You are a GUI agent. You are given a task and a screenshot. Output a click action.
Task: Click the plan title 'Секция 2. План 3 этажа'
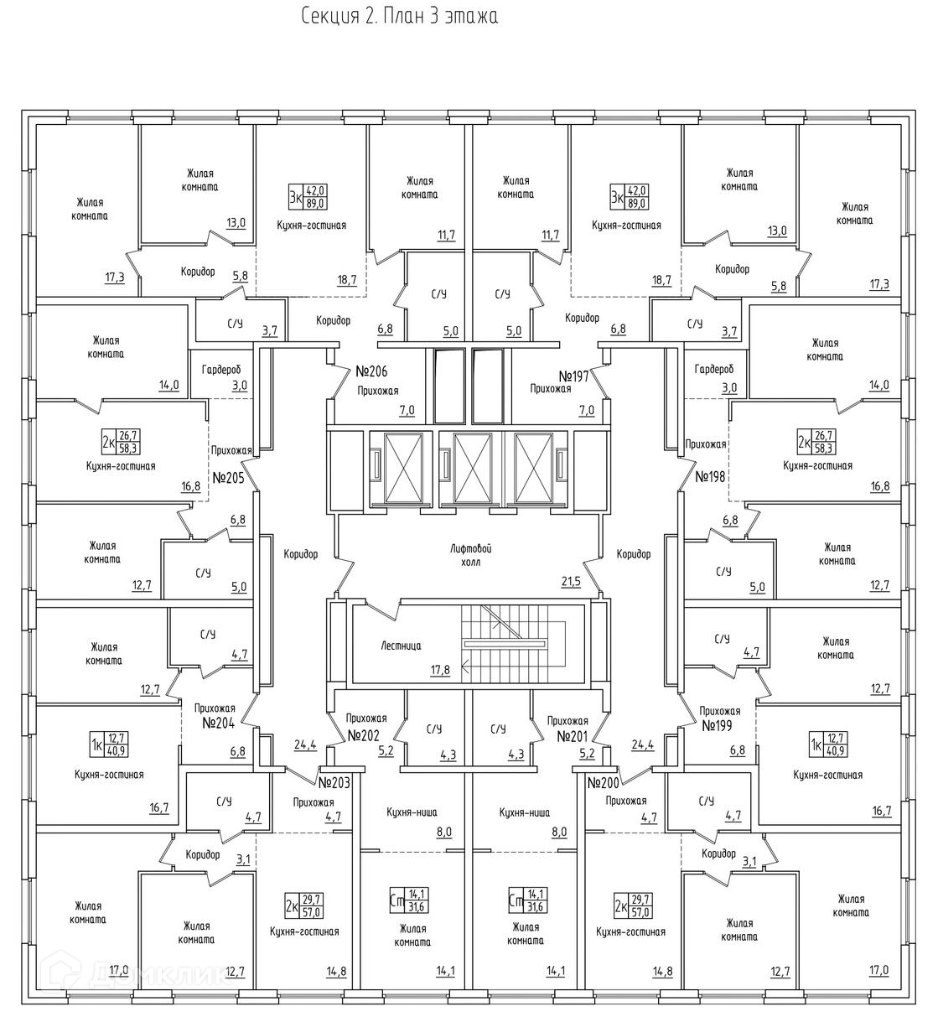tap(399, 17)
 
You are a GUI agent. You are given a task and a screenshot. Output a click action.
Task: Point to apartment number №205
tap(229, 479)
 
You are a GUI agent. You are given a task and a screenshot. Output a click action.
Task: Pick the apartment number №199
tap(718, 725)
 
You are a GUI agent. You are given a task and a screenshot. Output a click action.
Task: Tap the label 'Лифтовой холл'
tap(470, 556)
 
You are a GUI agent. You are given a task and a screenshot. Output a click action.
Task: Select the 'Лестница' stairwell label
tap(400, 646)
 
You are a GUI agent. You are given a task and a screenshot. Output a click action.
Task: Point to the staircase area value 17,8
tap(440, 670)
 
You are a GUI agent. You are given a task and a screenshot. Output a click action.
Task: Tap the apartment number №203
tap(334, 783)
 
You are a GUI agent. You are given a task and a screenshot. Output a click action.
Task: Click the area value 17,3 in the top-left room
tap(115, 278)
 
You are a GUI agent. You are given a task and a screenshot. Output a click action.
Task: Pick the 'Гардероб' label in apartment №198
tap(714, 370)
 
